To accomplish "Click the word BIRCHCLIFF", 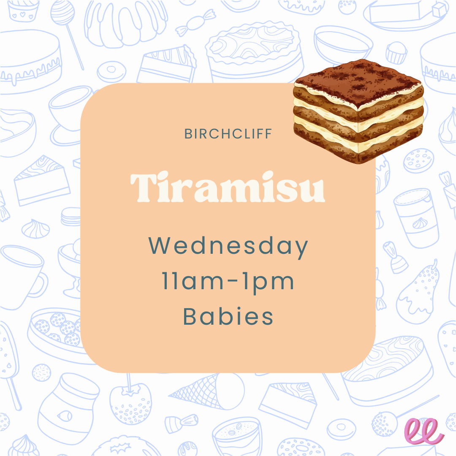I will tap(228, 134).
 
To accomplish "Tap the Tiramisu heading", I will tap(228, 187).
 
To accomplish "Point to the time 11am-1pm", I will tap(228, 282).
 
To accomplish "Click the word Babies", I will tap(228, 317).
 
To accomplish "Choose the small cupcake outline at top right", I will tap(397, 52).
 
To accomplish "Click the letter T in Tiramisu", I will tap(141, 187).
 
